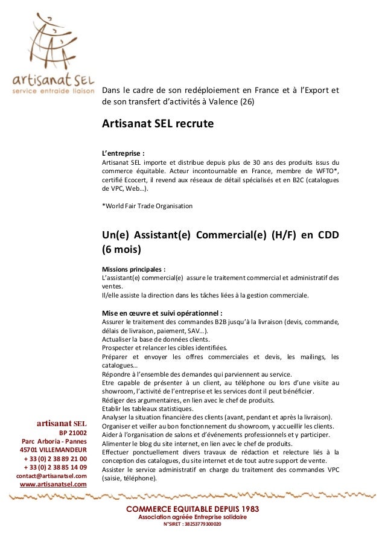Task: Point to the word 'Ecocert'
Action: (x=133, y=180)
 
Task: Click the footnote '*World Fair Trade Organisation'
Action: (x=147, y=206)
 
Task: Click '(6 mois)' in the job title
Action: (x=122, y=249)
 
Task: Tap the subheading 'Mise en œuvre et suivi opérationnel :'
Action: (x=162, y=313)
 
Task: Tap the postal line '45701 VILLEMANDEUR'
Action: (x=53, y=450)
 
